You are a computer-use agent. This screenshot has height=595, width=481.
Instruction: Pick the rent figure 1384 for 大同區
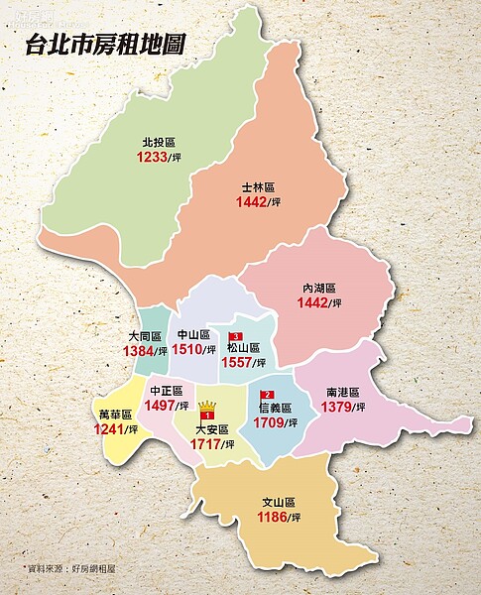click(139, 352)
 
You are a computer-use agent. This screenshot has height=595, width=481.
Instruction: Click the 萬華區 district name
click(115, 414)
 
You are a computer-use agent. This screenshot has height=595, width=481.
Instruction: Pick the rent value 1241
click(111, 429)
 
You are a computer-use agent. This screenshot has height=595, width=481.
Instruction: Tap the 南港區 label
click(344, 393)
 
